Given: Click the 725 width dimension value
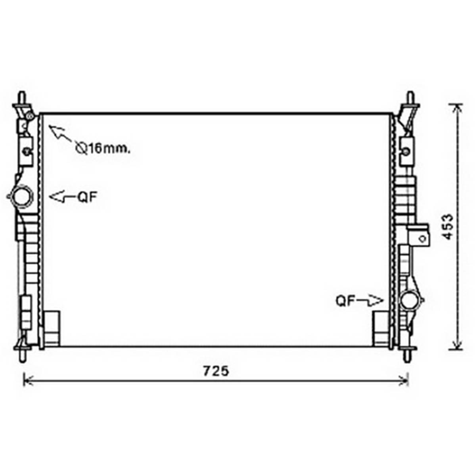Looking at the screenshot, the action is (216, 371).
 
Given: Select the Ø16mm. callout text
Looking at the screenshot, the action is (103, 148).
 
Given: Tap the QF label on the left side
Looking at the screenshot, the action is (87, 197).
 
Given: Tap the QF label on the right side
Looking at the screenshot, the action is (345, 301).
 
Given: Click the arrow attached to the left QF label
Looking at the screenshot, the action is (63, 197).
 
